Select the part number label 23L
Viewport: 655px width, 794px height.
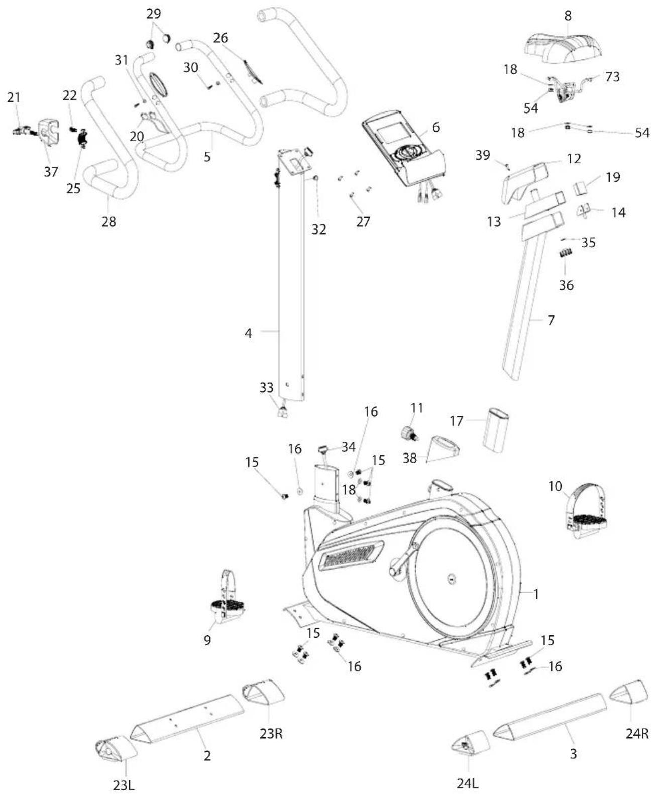coord(124,784)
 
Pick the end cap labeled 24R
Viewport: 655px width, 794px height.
coord(629,694)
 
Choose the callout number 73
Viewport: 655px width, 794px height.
coord(612,77)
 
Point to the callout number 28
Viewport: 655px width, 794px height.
coord(108,221)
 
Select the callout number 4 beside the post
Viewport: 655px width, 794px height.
coord(248,332)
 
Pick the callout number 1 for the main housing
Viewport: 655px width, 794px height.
coord(536,594)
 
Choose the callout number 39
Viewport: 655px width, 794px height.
coord(483,155)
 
